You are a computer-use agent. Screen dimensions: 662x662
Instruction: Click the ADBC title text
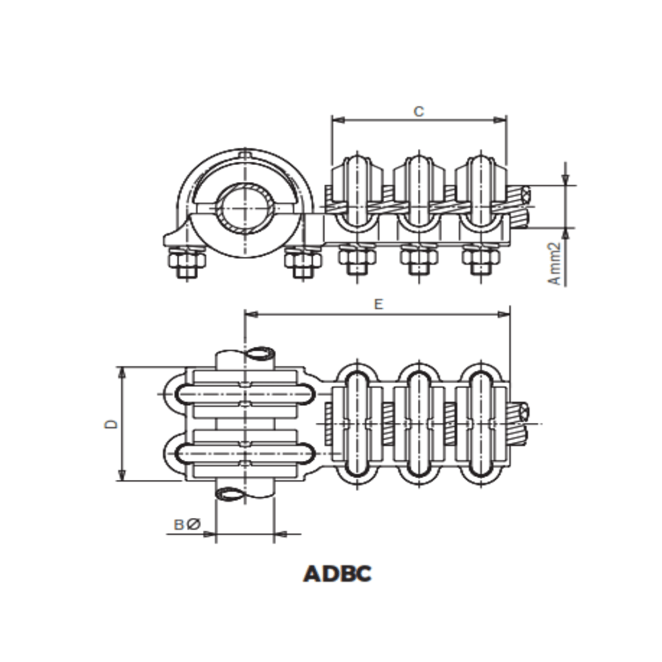click(338, 574)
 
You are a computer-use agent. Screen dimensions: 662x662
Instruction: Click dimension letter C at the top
click(419, 112)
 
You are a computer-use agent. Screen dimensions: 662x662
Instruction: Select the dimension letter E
click(378, 305)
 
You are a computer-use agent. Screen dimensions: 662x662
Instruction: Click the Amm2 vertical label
click(554, 263)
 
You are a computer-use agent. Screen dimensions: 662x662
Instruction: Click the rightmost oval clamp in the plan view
click(480, 423)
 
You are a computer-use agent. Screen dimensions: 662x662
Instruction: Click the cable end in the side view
click(522, 197)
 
